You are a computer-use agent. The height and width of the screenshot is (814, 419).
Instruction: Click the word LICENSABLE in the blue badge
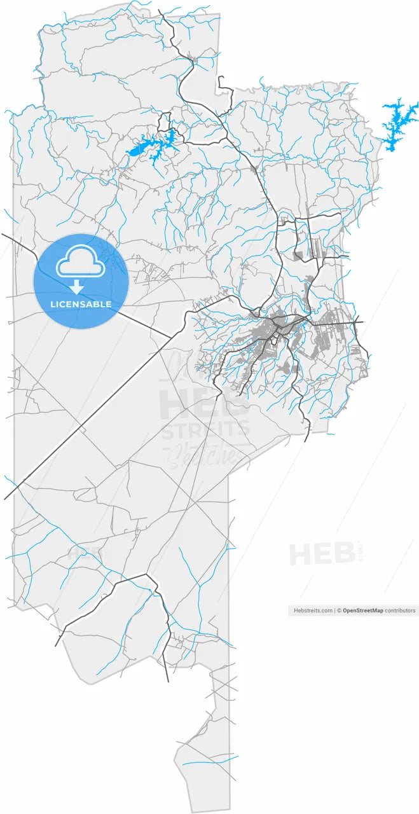[81, 304]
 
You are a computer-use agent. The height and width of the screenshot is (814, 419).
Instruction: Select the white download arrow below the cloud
[77, 287]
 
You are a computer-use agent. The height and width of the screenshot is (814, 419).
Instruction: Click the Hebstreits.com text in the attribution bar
[313, 610]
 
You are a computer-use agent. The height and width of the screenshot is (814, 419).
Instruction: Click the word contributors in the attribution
[401, 610]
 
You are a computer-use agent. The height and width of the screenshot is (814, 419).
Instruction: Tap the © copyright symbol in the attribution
[340, 610]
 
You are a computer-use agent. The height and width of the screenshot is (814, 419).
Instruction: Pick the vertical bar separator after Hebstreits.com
[334, 610]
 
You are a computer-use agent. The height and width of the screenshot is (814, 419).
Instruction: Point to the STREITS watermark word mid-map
[205, 431]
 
